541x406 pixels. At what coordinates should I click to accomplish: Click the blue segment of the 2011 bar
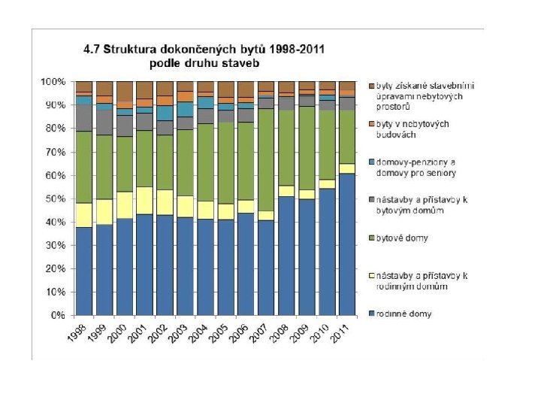coord(347,244)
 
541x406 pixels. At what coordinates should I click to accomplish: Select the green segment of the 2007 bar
coord(266,160)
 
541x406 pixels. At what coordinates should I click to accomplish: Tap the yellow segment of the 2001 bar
coord(144,201)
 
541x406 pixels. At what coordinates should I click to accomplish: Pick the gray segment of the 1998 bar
coord(84,118)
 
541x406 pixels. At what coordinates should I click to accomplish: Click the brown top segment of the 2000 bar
coord(125,92)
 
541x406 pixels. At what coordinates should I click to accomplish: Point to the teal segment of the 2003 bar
coord(185,110)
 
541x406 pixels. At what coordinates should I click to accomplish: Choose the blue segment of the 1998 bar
coord(84,271)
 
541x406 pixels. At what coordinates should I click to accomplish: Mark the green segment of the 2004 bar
coord(205,162)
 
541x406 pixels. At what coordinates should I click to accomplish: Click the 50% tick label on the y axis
coord(55,199)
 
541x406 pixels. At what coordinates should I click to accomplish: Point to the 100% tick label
coord(53,82)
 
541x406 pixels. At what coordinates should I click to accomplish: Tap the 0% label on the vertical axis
coord(58,316)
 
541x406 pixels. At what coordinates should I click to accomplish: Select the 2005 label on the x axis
coord(219,334)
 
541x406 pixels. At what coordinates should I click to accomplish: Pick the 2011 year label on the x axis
coord(341,334)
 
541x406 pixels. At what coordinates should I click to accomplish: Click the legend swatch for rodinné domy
coord(372,314)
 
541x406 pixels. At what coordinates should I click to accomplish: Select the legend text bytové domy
coord(402,238)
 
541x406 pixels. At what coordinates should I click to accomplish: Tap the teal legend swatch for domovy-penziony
coord(372,162)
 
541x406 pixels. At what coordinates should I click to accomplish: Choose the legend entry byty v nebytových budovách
coord(413,129)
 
